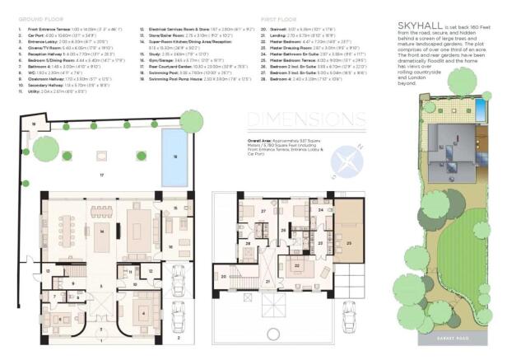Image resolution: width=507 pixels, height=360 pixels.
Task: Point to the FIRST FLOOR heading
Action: [279, 17]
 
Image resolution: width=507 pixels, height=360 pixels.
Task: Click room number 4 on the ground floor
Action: [146, 313]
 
